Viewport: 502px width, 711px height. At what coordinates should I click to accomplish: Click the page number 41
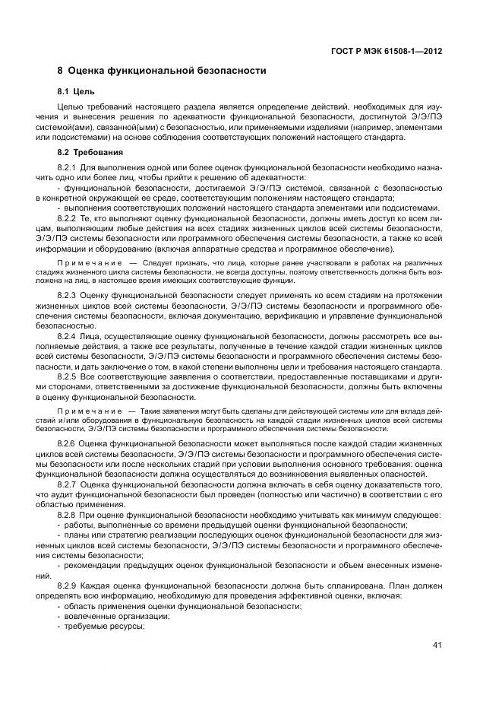pyautogui.click(x=437, y=646)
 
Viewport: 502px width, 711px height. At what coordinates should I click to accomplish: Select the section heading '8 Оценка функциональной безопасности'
pyautogui.click(x=162, y=71)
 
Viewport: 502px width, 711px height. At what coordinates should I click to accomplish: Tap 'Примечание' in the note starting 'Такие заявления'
pyautogui.click(x=82, y=411)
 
